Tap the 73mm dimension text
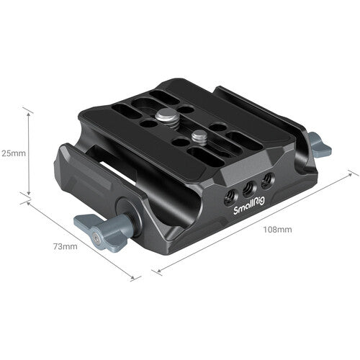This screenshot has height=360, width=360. tap(64, 247)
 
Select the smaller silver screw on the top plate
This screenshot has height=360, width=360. tap(199, 134)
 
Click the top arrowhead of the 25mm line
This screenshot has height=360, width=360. tap(28, 110)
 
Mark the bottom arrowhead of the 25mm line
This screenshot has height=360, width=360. tap(28, 195)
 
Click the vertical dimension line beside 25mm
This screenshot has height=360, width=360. tap(28, 153)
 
